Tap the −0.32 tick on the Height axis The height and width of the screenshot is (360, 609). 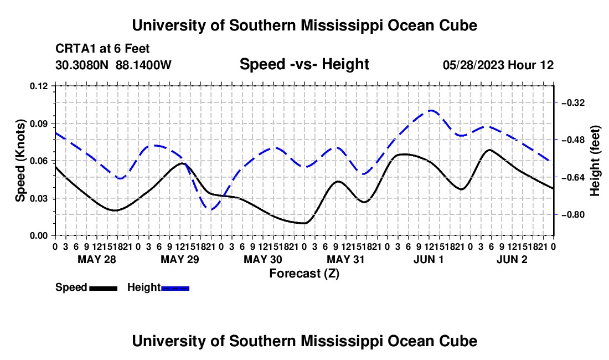point(573,102)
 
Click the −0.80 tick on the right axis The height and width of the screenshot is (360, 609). point(573,214)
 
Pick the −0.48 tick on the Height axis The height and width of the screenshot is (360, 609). point(573,140)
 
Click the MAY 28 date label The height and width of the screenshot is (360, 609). point(97,259)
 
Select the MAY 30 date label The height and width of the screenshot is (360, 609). point(263,259)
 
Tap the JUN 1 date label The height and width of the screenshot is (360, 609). point(429,259)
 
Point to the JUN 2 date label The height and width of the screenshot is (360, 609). point(512,259)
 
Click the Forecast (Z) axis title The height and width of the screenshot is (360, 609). point(304,274)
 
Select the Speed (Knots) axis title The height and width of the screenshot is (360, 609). point(20,161)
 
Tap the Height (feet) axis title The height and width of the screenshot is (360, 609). point(595,161)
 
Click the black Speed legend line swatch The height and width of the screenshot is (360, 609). point(104,288)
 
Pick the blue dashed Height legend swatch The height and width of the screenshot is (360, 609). point(175,288)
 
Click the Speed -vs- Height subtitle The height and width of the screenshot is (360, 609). point(304,64)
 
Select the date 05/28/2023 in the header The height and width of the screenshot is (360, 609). point(473,65)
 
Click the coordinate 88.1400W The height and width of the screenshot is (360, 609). point(143,65)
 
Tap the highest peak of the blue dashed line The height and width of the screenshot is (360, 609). point(431,110)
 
